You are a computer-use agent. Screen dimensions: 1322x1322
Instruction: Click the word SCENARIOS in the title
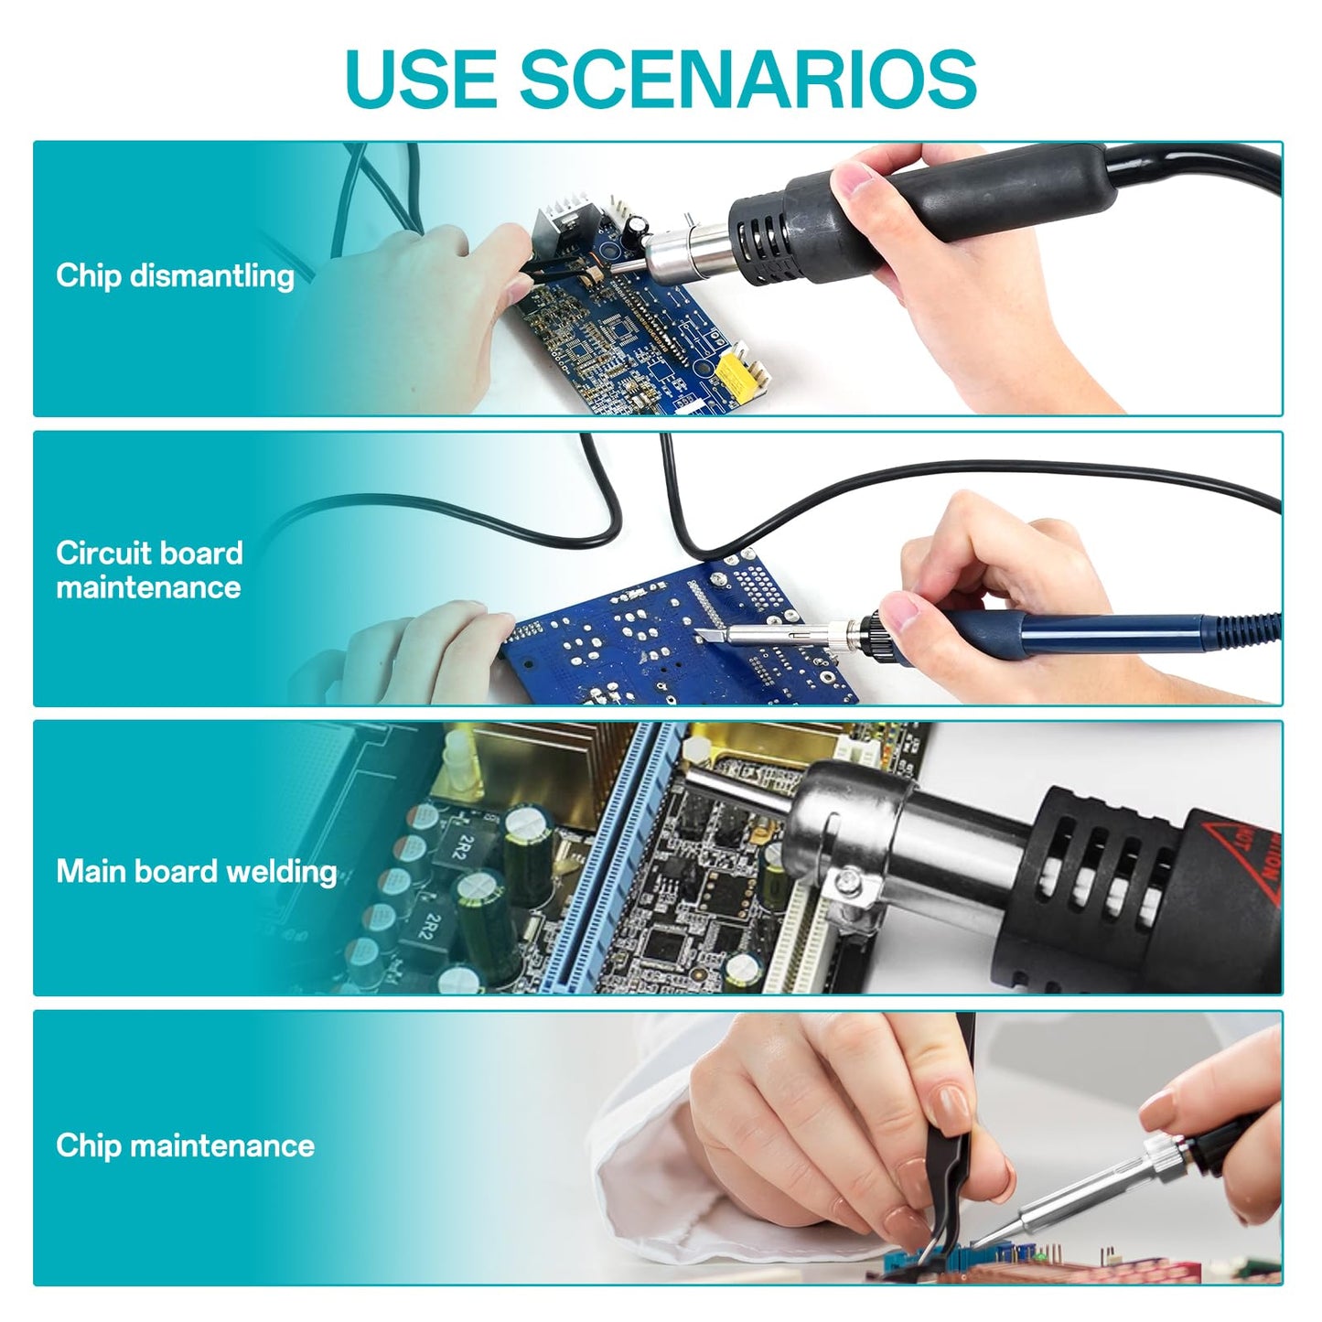click(x=748, y=78)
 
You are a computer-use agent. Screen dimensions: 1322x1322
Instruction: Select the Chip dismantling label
click(x=175, y=275)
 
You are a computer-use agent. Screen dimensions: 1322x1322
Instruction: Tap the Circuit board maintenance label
click(x=149, y=570)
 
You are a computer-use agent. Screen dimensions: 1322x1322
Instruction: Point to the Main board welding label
click(x=196, y=871)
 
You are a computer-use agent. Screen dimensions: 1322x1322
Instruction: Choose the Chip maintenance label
click(x=185, y=1145)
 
